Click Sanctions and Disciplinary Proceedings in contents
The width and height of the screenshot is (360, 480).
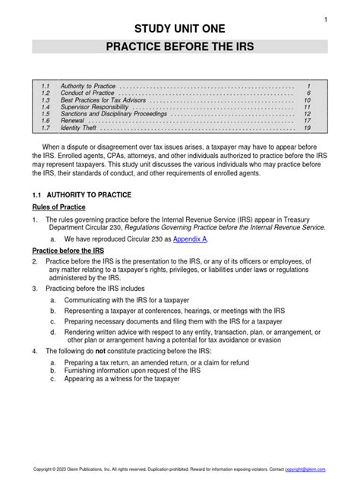tap(116, 115)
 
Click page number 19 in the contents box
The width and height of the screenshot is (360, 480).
tap(308, 128)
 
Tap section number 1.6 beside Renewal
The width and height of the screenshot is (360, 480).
tap(45, 122)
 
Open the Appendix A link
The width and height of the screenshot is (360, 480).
tap(189, 238)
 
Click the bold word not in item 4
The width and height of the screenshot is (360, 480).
tap(100, 352)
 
